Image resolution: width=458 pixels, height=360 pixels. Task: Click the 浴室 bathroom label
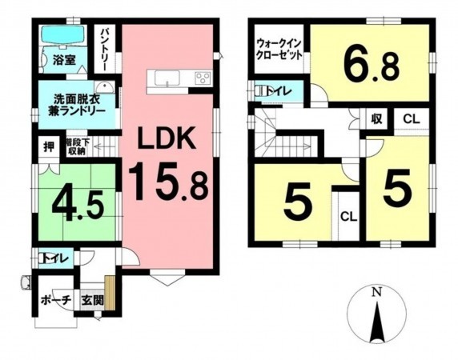click(63, 60)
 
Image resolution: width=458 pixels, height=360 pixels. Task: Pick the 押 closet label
click(48, 146)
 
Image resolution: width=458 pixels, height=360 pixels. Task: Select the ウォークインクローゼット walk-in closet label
click(277, 50)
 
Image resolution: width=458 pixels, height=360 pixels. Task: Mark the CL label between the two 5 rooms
click(348, 215)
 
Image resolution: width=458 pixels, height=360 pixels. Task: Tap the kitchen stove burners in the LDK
click(203, 78)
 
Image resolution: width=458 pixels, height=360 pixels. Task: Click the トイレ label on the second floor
click(284, 90)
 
